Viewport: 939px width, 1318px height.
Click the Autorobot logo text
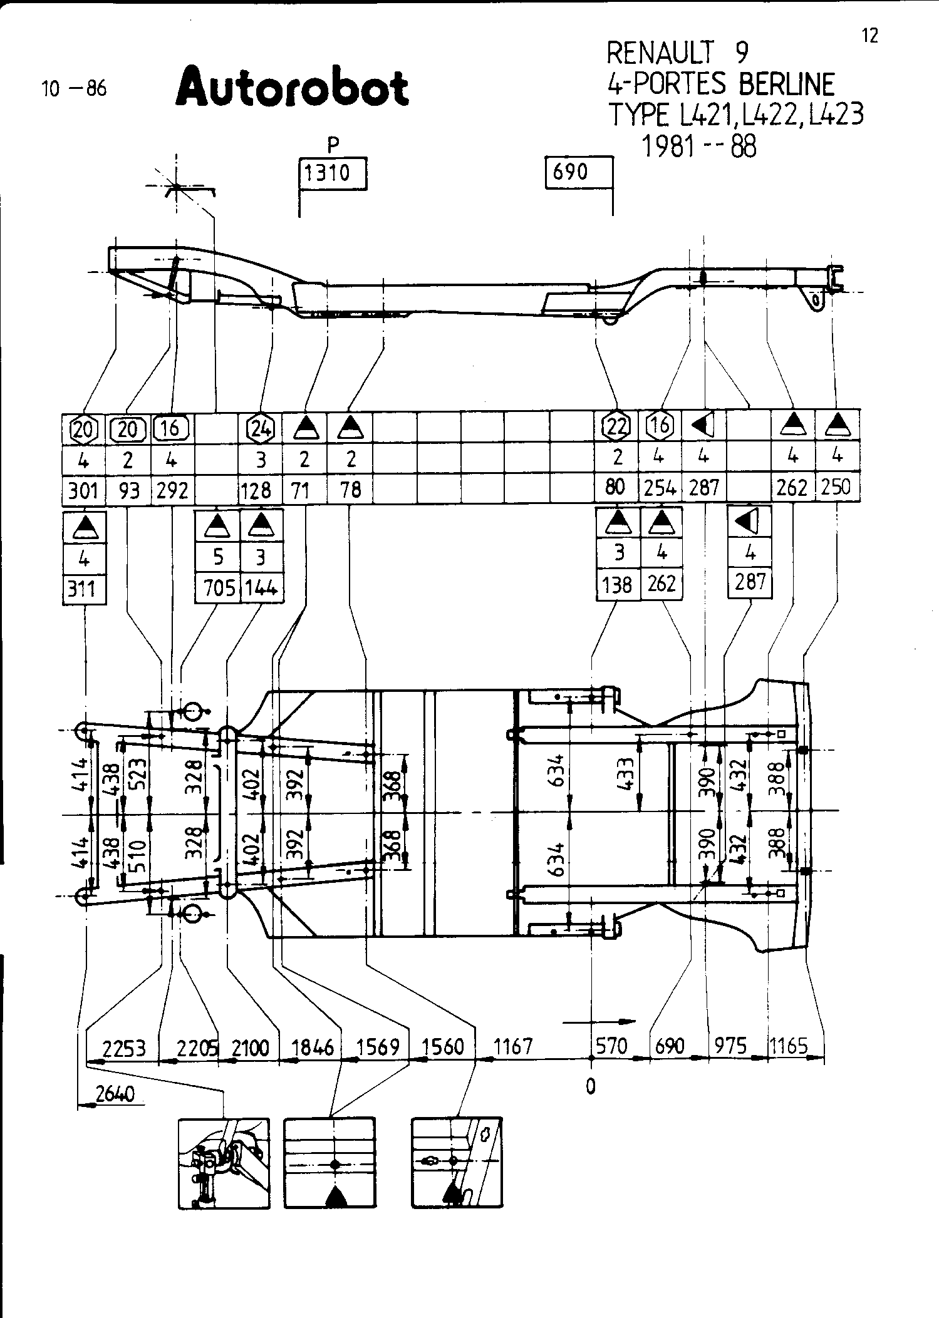[292, 88]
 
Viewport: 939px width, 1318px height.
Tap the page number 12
[869, 36]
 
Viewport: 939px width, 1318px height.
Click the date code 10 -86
[75, 89]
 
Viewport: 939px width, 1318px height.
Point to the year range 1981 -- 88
[699, 147]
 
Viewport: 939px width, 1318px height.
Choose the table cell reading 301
[83, 490]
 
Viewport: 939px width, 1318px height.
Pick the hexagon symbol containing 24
[261, 428]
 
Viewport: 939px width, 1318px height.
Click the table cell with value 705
[218, 588]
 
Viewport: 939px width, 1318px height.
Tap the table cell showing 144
[262, 588]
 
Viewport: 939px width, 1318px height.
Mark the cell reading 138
[617, 585]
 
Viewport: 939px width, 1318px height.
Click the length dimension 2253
[123, 1048]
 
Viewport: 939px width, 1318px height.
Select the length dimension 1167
[513, 1046]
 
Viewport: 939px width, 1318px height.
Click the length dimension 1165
[789, 1046]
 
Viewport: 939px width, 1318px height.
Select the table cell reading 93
[128, 490]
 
